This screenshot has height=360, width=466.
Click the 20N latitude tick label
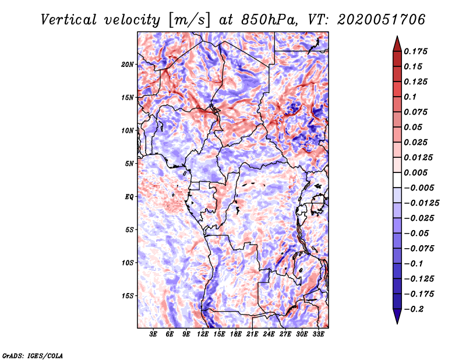128,64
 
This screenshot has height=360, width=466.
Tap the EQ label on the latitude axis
129,196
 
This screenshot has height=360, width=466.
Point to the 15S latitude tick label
128,295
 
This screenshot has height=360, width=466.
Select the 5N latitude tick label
129,163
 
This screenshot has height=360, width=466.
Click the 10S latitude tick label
128,262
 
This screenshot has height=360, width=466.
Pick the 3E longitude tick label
154,334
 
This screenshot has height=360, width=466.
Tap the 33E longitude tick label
318,334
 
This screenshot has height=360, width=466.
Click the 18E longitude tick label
236,334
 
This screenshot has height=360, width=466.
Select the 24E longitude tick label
269,334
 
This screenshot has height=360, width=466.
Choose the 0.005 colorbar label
418,172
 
